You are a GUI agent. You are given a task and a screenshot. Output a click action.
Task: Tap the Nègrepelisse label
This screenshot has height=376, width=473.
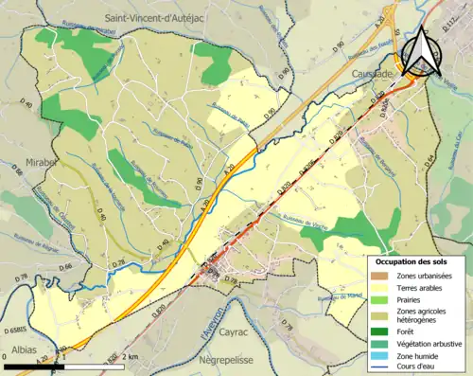click(x=238, y=361)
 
